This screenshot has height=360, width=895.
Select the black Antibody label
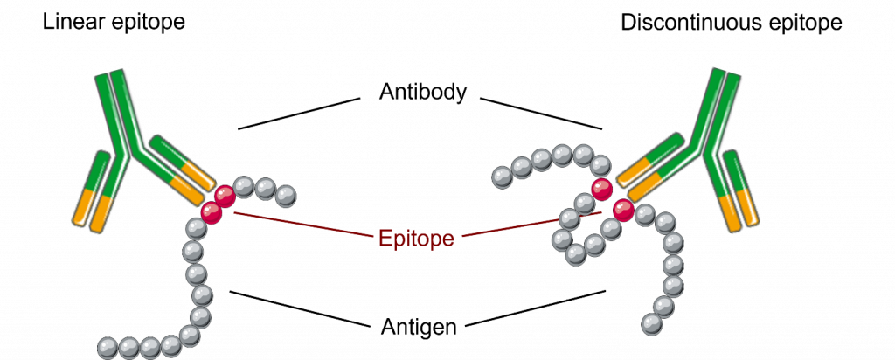coord(423,92)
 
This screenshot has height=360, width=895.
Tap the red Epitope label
coord(416,238)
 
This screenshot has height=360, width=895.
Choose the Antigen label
coord(419,327)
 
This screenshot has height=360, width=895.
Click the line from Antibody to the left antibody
coord(299,114)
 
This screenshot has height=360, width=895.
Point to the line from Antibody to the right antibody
coord(541,114)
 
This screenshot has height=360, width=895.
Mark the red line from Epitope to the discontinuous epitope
coord(531,225)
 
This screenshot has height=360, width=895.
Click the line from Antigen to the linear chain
coord(301,309)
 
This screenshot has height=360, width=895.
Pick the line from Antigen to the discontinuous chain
coord(536,308)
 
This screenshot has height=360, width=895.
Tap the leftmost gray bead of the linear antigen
coord(108,347)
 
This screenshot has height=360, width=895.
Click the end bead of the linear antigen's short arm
coord(286,197)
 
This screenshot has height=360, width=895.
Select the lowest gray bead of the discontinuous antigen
coord(651,324)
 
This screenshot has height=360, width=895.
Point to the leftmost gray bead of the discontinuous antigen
coord(503,176)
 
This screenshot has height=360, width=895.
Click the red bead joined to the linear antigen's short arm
coord(225,197)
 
